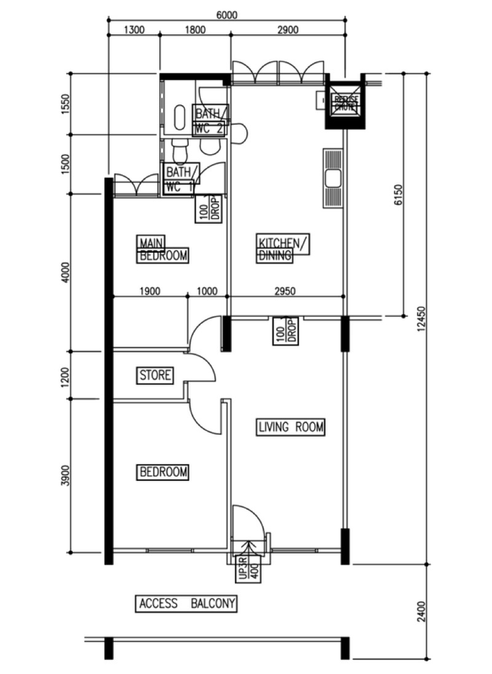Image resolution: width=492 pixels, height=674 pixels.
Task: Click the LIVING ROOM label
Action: [x=290, y=427]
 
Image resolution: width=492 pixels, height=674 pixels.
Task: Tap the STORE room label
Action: [x=155, y=375]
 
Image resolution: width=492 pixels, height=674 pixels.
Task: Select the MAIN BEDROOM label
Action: [x=162, y=249]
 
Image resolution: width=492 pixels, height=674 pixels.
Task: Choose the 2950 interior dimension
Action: [x=286, y=291]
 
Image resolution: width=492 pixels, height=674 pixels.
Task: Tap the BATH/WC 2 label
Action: [x=211, y=121]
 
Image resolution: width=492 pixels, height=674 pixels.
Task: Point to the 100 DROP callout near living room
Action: [x=286, y=330]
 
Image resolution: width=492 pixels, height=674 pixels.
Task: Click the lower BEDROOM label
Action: [x=163, y=472]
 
